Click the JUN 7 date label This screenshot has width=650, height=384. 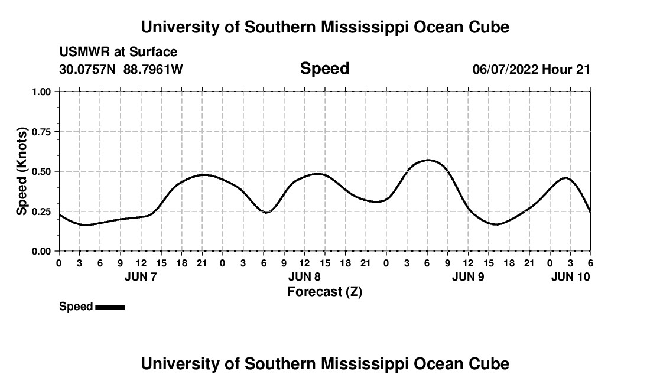141,276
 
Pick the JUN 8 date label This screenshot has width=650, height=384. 304,276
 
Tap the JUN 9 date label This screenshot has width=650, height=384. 468,276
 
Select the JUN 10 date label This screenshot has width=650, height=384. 570,276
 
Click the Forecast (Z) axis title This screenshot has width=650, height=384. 324,291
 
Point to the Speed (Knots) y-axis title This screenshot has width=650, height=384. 22,171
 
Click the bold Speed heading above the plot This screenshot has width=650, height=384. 324,69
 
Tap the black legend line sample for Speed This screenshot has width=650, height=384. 110,307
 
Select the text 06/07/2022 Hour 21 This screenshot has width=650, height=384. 531,69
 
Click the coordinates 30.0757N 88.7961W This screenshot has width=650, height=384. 121,69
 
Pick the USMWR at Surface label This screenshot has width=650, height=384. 118,52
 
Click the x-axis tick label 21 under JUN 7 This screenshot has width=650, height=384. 202,263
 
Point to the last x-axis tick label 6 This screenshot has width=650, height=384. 590,263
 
